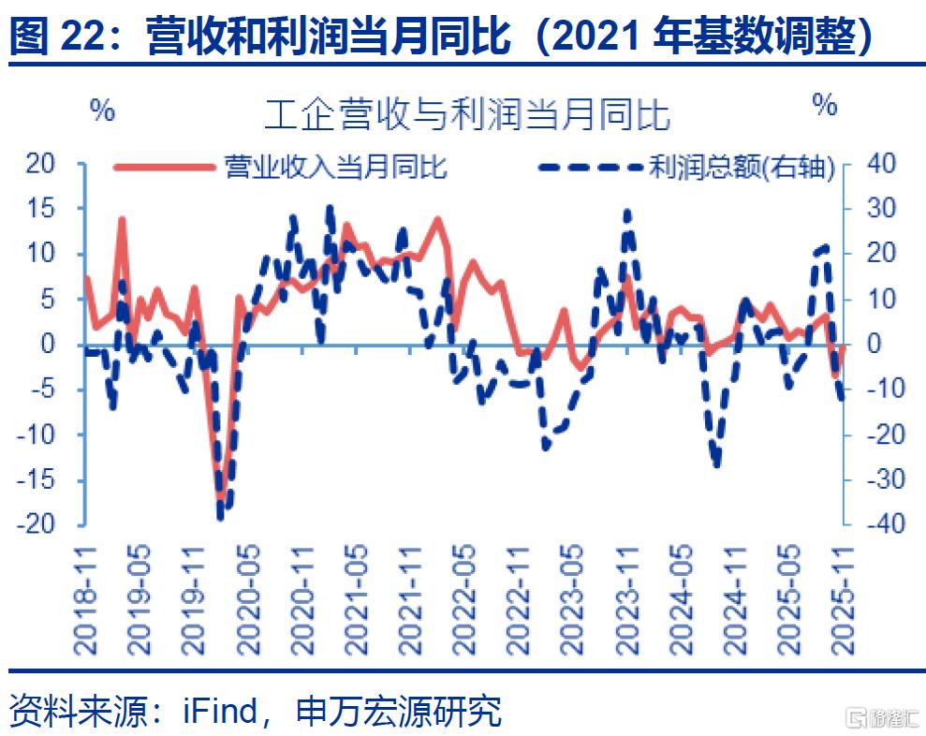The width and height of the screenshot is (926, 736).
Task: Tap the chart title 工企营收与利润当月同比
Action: [x=466, y=115]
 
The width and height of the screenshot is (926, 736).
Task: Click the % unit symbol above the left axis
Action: [x=102, y=110]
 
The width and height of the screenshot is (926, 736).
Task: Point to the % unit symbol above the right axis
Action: [x=825, y=105]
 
